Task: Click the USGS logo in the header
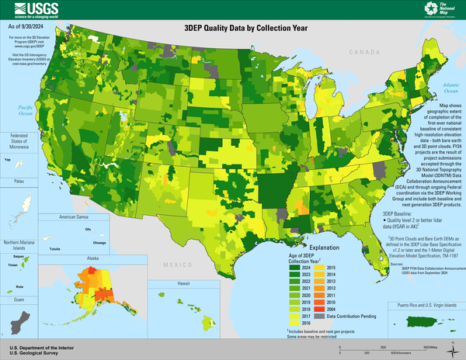31,9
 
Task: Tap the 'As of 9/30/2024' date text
26,28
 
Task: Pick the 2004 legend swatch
318,309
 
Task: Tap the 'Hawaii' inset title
183,284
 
